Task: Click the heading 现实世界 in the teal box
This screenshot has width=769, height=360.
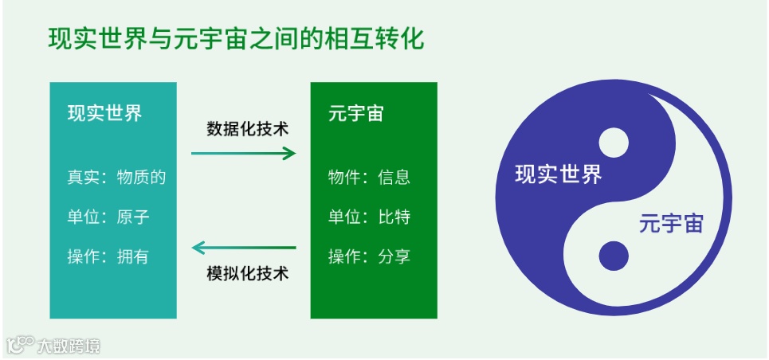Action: pos(105,113)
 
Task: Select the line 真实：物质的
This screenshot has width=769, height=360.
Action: pos(116,177)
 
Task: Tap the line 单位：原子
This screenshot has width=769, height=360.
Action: pos(108,217)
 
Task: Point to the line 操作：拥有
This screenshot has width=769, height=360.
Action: pos(108,256)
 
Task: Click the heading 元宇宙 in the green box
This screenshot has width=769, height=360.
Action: pos(355,113)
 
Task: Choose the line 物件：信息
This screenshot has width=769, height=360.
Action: pos(369,177)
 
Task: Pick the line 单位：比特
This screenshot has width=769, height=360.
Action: pos(369,217)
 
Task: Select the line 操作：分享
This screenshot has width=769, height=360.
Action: pos(369,256)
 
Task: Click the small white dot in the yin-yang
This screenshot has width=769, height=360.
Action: pos(614,143)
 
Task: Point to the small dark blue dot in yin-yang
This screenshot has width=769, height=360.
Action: pos(614,255)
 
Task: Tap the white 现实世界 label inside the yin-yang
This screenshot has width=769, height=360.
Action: pos(558,174)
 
